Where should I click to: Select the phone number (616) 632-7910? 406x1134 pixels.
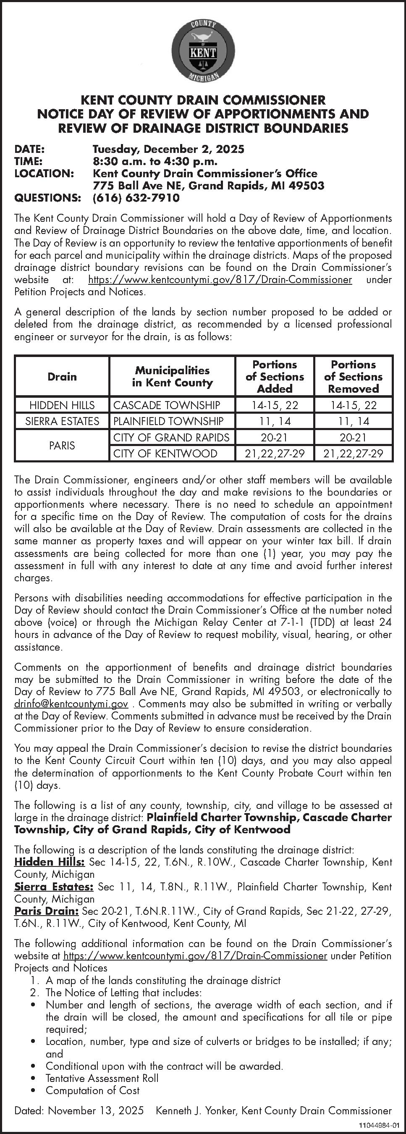(136, 198)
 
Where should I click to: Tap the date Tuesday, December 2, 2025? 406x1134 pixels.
(168, 149)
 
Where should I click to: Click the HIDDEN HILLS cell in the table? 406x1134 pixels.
(62, 405)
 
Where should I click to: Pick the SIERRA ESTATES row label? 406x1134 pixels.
(62, 421)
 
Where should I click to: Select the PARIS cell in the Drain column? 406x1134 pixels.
(62, 446)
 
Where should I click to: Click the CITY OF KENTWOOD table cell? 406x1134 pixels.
(165, 454)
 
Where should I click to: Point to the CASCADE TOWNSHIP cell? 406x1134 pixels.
(167, 405)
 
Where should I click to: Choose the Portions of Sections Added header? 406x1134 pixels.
(275, 376)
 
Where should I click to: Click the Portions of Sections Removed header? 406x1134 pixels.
(353, 376)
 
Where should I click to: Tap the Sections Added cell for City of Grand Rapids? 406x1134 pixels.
(275, 438)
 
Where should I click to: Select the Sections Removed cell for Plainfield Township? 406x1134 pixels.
(353, 421)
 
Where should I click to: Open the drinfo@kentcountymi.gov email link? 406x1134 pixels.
(71, 703)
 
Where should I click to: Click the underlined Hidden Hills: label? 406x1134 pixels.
(49, 861)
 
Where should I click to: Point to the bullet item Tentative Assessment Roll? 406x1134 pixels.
(102, 1078)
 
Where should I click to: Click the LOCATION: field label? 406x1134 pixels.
(44, 173)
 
